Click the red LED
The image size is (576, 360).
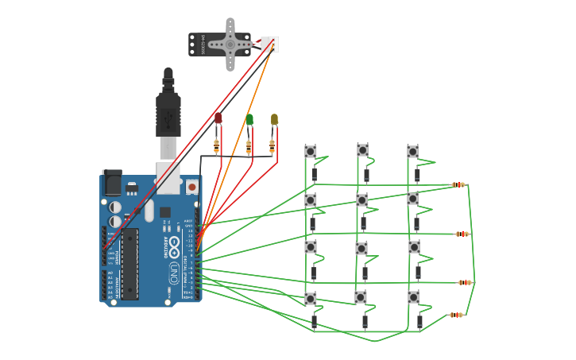point(218,118)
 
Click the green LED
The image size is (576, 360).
point(249,120)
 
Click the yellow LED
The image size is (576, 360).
point(274,119)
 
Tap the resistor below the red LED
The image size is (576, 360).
point(216,145)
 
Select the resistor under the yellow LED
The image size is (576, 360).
point(272,145)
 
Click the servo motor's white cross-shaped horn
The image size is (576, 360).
point(230,44)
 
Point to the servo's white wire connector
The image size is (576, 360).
point(269,45)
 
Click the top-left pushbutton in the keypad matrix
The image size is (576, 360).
point(311,151)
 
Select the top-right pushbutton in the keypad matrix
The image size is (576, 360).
point(413,151)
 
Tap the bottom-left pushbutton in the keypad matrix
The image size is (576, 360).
point(311,299)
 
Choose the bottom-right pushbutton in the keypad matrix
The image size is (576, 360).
point(414,297)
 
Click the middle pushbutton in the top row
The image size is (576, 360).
point(363,149)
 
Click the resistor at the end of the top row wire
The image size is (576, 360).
point(458,185)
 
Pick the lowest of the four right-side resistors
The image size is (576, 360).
point(456,315)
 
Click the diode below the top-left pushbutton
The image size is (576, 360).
point(315,174)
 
